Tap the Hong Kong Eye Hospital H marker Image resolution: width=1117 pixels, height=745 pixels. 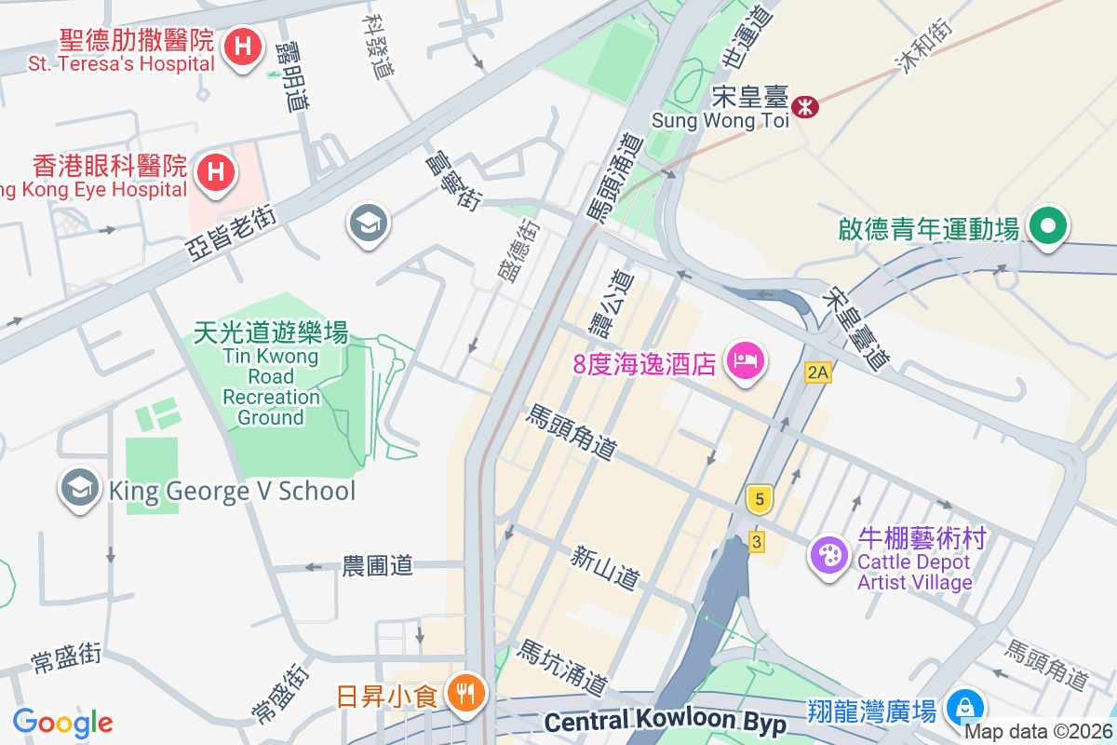[x=216, y=172]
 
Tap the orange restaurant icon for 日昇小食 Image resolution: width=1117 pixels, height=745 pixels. [x=463, y=694]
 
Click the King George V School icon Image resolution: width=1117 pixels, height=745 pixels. [x=80, y=489]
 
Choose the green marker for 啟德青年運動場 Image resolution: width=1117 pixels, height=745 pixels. [x=1048, y=226]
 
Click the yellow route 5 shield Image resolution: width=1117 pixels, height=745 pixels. [x=760, y=500]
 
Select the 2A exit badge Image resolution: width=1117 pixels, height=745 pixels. [x=817, y=373]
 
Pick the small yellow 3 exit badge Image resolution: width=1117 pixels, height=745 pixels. [x=757, y=541]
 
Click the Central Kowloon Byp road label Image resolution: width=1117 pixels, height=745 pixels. [x=665, y=722]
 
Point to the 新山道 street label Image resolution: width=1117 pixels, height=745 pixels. [x=606, y=567]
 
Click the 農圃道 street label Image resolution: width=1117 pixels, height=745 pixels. [x=377, y=565]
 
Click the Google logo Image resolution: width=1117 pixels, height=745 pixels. [x=62, y=722]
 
